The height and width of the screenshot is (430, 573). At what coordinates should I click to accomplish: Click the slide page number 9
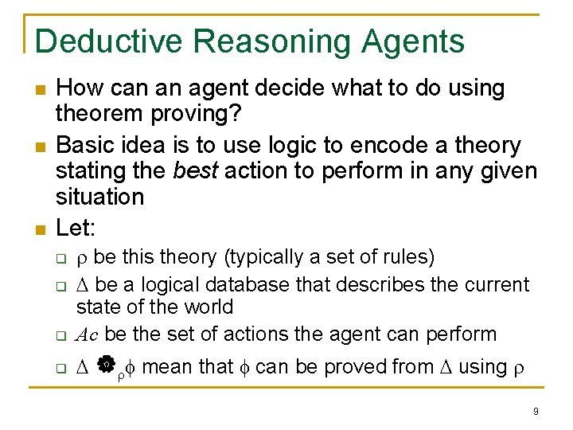click(x=536, y=411)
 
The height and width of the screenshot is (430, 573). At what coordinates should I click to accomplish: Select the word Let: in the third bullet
click(x=76, y=228)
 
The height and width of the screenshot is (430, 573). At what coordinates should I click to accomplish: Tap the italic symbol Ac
click(x=88, y=334)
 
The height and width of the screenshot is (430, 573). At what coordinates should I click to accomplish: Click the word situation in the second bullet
click(x=99, y=196)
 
